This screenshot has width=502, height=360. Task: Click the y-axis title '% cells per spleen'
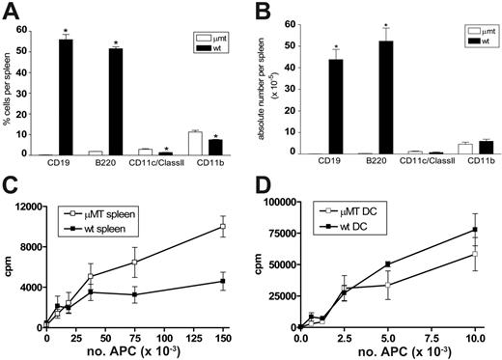point(11,85)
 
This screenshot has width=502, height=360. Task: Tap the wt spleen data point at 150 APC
point(223,281)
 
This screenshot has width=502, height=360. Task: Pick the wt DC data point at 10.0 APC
point(475,230)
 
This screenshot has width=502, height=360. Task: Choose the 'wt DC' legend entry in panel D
point(349,225)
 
